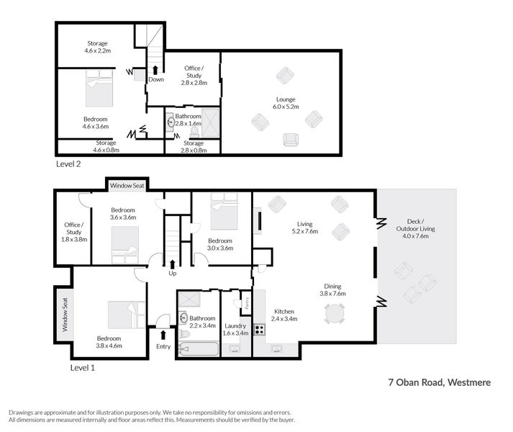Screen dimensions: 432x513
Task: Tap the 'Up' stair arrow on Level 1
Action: [x=171, y=264]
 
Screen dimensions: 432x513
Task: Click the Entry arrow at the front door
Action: [x=163, y=334]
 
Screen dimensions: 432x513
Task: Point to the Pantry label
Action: [x=246, y=304]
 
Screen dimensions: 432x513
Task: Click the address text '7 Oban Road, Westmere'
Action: [x=435, y=383]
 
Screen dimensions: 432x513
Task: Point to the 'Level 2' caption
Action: [x=68, y=164]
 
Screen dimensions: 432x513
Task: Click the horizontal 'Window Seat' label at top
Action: [x=127, y=186]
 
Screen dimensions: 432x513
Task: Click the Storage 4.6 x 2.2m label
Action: [x=97, y=48]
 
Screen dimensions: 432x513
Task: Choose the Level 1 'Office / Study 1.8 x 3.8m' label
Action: [x=74, y=232]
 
